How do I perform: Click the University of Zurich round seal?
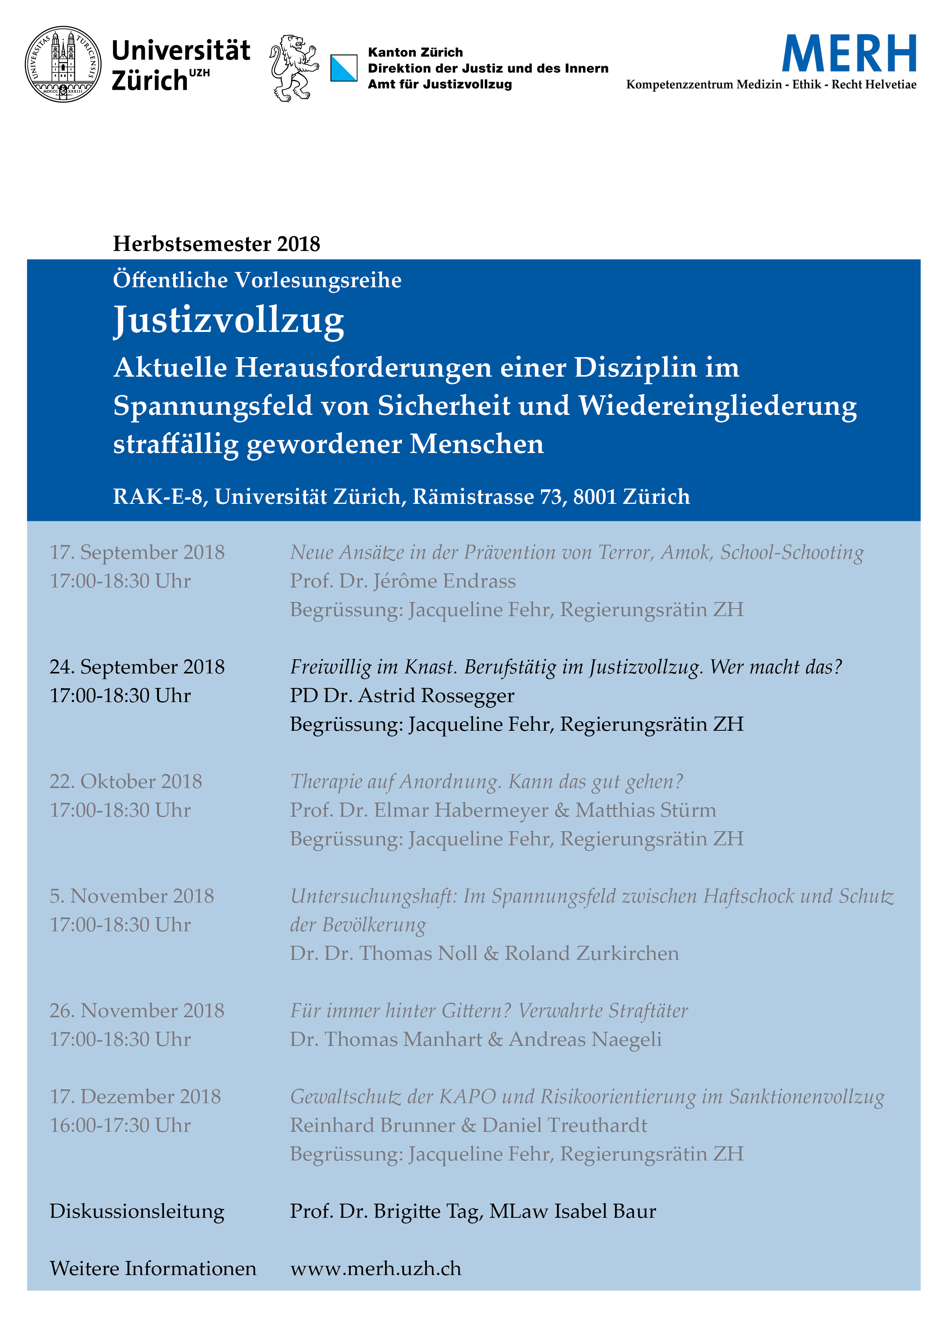point(63,64)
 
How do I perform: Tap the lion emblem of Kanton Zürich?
point(293,68)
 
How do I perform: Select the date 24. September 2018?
point(137,667)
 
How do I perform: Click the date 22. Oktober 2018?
point(126,782)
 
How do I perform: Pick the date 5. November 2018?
point(132,896)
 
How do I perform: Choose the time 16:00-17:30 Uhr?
point(120,1125)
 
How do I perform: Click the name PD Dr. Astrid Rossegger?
point(402,696)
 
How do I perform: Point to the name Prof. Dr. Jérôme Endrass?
point(403,581)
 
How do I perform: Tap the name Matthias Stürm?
point(646,810)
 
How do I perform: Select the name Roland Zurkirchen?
point(591,953)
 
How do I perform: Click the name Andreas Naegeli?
point(585,1039)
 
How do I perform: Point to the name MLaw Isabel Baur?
point(573,1211)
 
